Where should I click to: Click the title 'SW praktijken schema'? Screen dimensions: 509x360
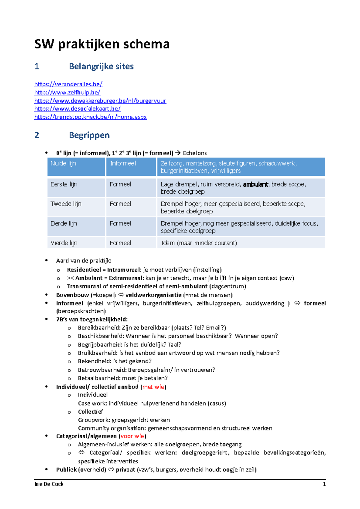click(102, 44)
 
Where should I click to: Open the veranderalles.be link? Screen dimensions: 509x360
click(68, 84)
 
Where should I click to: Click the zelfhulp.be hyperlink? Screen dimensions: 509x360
click(67, 92)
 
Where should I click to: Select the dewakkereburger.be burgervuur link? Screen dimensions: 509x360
click(100, 101)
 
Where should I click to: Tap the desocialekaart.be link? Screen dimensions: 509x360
click(77, 109)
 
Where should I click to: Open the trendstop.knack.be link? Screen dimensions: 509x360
click(90, 117)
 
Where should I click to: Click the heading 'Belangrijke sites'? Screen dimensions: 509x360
click(101, 66)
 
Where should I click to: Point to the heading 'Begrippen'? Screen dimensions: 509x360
click(89, 135)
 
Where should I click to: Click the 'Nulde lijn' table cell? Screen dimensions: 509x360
click(63, 163)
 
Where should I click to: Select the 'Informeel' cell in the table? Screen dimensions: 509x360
click(123, 163)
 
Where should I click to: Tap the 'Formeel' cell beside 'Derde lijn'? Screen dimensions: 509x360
click(120, 223)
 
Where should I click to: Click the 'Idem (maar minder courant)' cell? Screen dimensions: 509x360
click(199, 243)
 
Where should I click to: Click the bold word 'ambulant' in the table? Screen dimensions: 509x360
click(255, 184)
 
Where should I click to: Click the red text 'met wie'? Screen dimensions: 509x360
click(153, 387)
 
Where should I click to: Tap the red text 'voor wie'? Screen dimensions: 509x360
click(132, 436)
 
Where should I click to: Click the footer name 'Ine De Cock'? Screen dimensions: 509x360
click(49, 484)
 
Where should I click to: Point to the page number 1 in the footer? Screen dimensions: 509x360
click(324, 484)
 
